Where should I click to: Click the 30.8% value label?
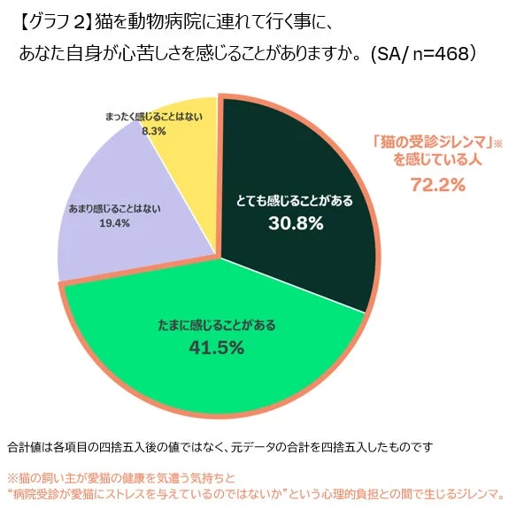tap(295, 224)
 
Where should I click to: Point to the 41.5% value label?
tap(216, 347)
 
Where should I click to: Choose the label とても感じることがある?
tap(295, 201)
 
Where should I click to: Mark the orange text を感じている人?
tap(436, 160)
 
